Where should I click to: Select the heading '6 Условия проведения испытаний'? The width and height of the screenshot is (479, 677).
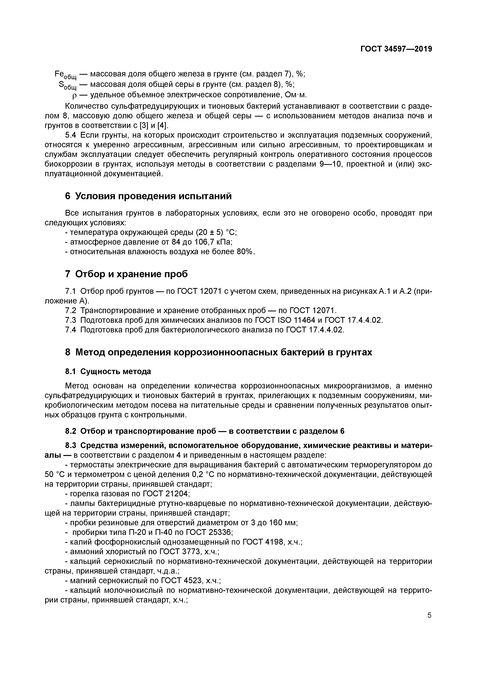148,196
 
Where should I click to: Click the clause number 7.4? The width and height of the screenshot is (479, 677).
70,330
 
